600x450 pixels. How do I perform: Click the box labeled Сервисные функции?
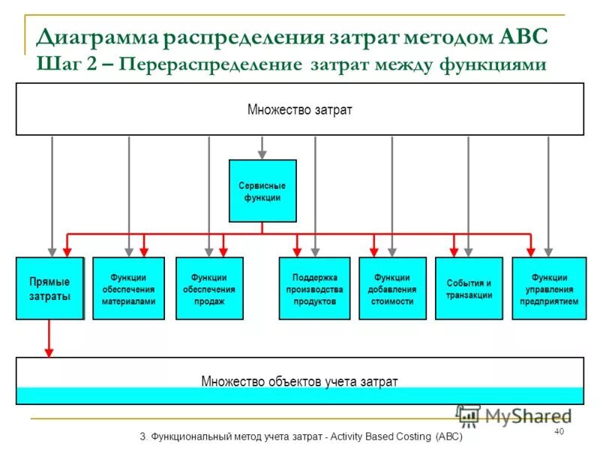(262, 190)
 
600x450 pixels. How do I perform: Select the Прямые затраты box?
(49, 289)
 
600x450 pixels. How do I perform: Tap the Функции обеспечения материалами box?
(128, 289)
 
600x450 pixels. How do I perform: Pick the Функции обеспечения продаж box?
(208, 289)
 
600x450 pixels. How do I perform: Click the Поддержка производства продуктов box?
(314, 289)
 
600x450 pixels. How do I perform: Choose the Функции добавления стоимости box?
(392, 289)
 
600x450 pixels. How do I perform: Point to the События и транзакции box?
(469, 289)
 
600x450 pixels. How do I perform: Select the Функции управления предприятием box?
(549, 289)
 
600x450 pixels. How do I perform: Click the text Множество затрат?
(299, 110)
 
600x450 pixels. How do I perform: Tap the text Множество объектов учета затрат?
(299, 381)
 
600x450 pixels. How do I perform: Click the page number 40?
(558, 431)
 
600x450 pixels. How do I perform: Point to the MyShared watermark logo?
(513, 415)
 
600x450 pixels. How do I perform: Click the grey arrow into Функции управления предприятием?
(549, 195)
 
